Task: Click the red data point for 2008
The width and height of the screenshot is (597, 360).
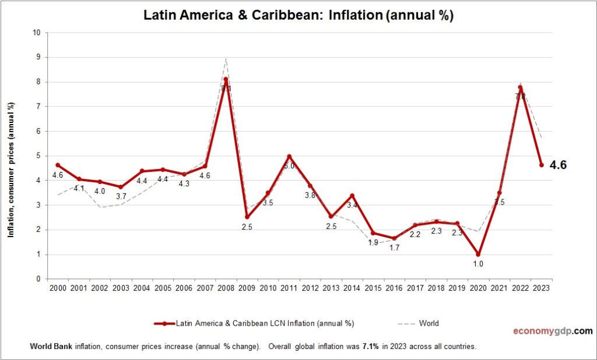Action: click(226, 79)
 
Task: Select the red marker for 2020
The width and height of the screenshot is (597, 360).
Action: click(478, 254)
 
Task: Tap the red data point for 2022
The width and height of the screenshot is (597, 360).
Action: click(520, 87)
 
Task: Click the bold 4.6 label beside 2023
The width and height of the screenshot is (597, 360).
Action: click(558, 165)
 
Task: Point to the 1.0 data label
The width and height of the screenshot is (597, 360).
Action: click(478, 264)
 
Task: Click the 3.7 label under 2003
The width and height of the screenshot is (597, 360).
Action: click(121, 197)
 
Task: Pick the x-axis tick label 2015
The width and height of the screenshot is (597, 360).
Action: click(373, 287)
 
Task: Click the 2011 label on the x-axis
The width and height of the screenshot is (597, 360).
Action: click(289, 287)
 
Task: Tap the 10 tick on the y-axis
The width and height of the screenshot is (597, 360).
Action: click(36, 33)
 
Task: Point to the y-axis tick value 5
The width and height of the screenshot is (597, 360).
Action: click(38, 156)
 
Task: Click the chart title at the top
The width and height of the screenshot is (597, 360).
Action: click(298, 16)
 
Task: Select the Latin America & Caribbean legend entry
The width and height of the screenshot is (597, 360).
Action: click(254, 323)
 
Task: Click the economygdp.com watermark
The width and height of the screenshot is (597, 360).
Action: click(552, 331)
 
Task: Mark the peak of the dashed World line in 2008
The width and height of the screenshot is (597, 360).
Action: click(226, 58)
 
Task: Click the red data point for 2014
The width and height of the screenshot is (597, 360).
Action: click(352, 195)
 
